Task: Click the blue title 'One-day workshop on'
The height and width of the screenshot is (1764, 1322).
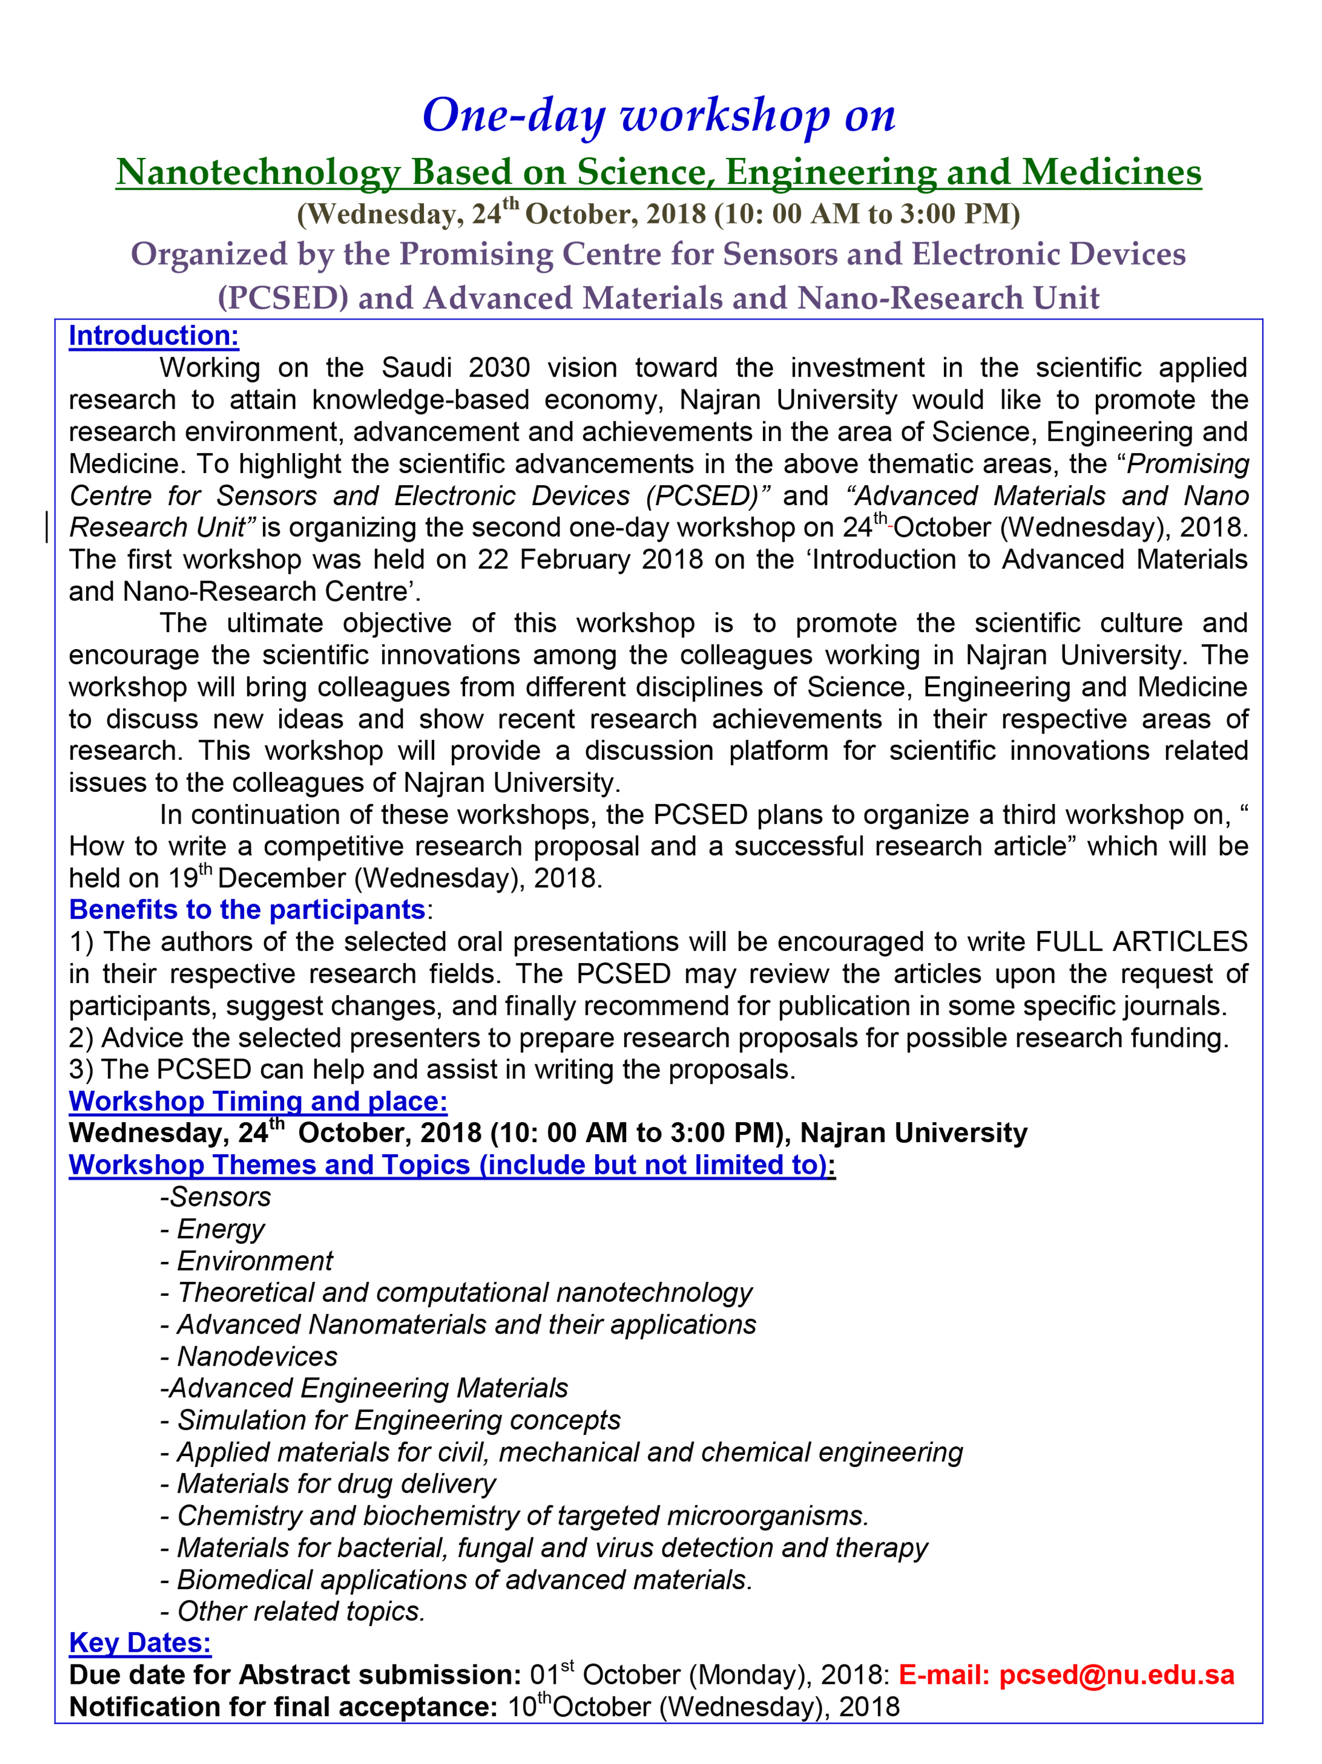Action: [659, 116]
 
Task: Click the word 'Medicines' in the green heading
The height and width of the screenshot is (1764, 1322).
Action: [1112, 172]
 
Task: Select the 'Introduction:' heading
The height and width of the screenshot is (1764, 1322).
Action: [154, 336]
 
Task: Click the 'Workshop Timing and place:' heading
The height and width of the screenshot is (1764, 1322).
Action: [258, 1101]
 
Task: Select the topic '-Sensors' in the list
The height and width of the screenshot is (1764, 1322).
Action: [215, 1197]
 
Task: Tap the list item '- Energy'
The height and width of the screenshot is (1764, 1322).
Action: [212, 1229]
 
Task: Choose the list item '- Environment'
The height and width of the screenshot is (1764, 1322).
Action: [247, 1261]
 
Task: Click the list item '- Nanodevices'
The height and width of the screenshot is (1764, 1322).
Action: [249, 1357]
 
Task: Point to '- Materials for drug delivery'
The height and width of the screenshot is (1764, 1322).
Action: [328, 1484]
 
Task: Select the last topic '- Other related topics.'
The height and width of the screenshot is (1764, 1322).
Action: [293, 1612]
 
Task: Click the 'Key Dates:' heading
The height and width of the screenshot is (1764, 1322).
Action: [141, 1643]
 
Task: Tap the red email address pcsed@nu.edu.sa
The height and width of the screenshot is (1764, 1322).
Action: [1116, 1675]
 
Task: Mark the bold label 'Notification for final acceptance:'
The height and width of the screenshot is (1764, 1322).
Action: [283, 1707]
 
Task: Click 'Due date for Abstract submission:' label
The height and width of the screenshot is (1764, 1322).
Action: [295, 1675]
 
